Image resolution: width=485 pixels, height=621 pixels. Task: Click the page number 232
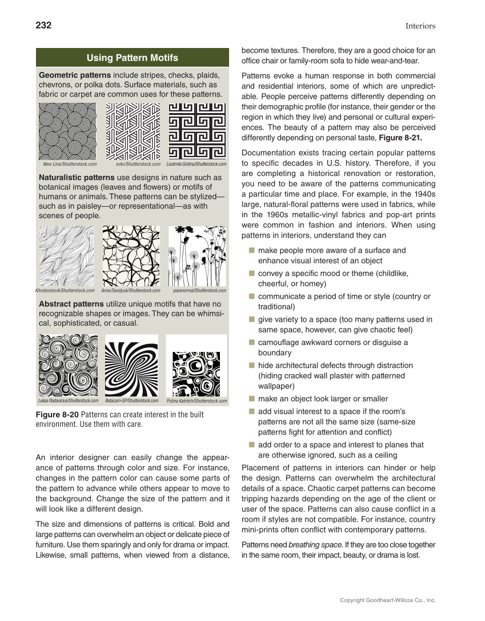pyautogui.click(x=43, y=25)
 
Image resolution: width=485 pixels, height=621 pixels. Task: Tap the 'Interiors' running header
pyautogui.click(x=420, y=26)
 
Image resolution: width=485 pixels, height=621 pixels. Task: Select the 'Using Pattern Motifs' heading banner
pyautogui.click(x=132, y=58)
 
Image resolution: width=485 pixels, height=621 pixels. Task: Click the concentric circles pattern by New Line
pyautogui.click(x=67, y=131)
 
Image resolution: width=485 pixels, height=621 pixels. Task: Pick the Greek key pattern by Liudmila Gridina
pyautogui.click(x=197, y=131)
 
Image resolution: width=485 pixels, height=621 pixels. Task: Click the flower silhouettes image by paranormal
pyautogui.click(x=197, y=256)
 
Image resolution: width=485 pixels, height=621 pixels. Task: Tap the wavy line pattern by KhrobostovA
pyautogui.click(x=66, y=256)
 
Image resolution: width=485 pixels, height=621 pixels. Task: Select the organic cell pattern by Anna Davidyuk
pyautogui.click(x=131, y=256)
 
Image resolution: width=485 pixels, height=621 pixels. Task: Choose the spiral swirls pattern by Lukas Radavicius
pyautogui.click(x=67, y=364)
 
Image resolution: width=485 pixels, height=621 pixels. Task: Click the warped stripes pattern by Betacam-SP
pyautogui.click(x=132, y=364)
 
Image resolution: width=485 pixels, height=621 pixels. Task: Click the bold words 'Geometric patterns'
pyautogui.click(x=74, y=75)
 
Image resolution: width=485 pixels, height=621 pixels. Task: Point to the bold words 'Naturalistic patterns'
pyautogui.click(x=77, y=178)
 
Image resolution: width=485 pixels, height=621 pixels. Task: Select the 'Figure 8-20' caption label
pyautogui.click(x=57, y=414)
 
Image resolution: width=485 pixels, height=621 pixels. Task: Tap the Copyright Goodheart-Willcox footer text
pyautogui.click(x=387, y=600)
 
